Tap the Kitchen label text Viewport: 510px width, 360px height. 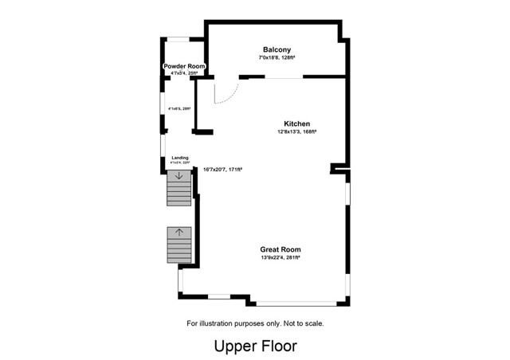point(296,123)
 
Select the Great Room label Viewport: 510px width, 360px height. point(280,249)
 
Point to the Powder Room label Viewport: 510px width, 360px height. point(184,66)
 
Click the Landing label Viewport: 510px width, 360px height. point(180,158)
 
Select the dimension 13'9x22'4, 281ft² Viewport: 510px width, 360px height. point(280,258)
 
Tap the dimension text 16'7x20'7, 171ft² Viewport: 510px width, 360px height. point(222,170)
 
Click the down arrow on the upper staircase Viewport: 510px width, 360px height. point(179,176)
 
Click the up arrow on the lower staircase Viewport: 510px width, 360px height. point(179,233)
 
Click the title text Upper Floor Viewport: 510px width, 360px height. point(255,346)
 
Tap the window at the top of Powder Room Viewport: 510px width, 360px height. point(178,38)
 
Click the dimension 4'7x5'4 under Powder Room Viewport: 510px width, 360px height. point(184,73)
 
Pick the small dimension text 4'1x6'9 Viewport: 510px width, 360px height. point(179,108)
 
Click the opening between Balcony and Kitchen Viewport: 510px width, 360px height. point(283,77)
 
